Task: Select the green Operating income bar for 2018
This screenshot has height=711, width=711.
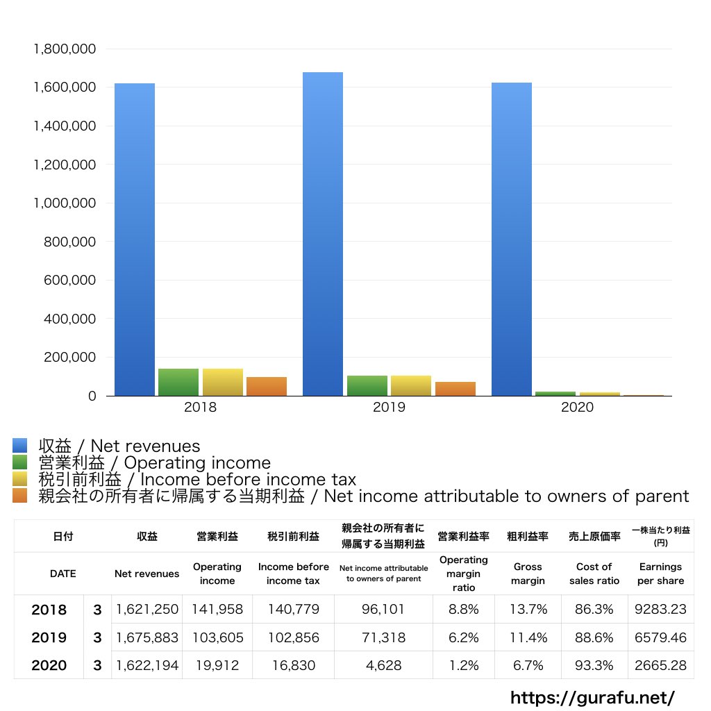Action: coord(178,382)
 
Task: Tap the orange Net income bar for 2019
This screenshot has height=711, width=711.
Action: coord(455,389)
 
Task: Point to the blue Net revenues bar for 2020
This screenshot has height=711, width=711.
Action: coord(512,240)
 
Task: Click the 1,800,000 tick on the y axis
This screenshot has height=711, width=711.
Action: coord(65,49)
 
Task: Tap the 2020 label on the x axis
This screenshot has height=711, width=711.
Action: coord(578,408)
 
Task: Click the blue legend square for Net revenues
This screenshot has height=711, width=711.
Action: coord(19,446)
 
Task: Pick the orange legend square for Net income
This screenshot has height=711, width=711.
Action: coord(19,496)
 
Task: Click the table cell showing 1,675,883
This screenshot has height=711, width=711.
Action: coord(147,637)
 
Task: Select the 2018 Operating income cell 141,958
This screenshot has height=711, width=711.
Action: coord(217,610)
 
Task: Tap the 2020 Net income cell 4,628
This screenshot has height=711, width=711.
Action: coord(383,665)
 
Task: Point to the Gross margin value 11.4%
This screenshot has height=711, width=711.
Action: coord(528,637)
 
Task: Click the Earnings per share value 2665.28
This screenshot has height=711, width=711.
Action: coord(660,665)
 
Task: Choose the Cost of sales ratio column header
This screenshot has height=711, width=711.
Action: coord(594,574)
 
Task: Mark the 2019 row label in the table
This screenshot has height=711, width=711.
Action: coord(49,637)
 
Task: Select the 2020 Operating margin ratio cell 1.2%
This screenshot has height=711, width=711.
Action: coord(464,665)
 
